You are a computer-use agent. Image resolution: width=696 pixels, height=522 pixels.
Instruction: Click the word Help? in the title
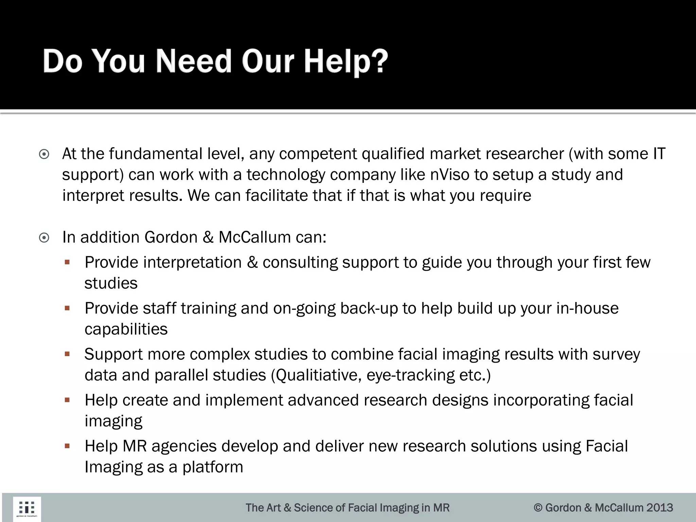coord(346,62)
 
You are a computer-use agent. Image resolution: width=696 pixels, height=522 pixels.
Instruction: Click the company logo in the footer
coord(27,509)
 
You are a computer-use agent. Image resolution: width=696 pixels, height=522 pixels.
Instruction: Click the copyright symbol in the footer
coord(538,508)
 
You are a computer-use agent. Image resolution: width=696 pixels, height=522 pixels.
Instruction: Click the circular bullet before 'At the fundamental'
coord(44,155)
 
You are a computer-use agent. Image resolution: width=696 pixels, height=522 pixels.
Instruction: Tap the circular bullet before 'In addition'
coord(44,238)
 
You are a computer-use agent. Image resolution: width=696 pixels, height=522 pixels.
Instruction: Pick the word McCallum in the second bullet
coord(255,237)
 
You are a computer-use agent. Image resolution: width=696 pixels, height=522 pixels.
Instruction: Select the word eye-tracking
coord(411,375)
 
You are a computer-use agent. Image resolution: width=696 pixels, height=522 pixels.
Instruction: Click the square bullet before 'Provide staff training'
coord(67,308)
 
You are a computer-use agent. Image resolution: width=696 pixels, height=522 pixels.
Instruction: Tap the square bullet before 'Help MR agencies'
coord(67,446)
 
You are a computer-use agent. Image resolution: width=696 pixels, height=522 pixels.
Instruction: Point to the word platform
coord(213,467)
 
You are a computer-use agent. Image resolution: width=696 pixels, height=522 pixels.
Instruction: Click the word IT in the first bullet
coord(659,154)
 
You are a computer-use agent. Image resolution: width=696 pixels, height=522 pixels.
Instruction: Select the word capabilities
coord(126,329)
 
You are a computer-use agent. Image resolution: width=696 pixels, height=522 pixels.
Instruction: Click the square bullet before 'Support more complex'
coord(67,354)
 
